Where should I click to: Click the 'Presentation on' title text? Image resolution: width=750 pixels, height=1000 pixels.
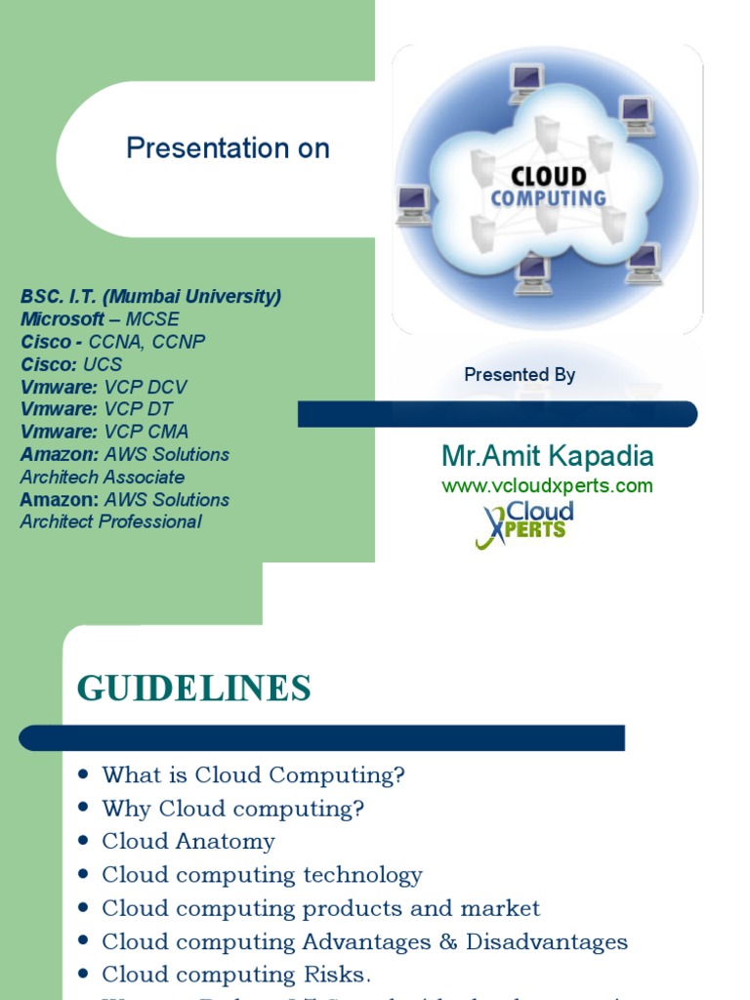click(x=228, y=148)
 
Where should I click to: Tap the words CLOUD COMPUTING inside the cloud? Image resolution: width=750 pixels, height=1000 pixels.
click(x=548, y=187)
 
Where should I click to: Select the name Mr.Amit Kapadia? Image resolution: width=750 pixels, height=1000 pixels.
click(x=547, y=456)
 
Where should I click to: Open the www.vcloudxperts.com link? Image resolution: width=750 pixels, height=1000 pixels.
click(x=547, y=485)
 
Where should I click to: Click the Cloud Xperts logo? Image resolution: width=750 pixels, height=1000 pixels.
click(x=524, y=524)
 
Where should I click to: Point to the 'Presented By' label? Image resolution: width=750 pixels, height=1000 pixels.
click(x=520, y=375)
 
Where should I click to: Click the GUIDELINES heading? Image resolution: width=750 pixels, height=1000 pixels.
click(x=194, y=688)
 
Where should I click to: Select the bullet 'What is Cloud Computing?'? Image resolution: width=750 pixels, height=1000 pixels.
click(x=253, y=775)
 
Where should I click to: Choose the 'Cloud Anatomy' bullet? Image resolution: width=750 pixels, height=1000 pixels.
click(x=188, y=842)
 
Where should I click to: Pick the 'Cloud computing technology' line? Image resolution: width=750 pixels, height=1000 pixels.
click(x=262, y=875)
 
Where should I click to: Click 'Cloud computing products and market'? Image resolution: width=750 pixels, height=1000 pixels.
click(x=320, y=908)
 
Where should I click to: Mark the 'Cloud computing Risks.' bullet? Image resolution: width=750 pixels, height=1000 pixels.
click(x=236, y=975)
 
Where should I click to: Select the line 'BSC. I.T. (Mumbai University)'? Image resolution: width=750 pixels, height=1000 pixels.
click(x=150, y=297)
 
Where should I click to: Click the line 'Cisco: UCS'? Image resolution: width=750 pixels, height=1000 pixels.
click(x=71, y=364)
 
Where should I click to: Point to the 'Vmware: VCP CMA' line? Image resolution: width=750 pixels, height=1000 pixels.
click(x=104, y=432)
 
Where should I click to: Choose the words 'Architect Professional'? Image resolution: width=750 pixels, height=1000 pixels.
click(x=110, y=521)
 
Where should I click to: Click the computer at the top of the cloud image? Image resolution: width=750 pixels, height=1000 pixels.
click(x=526, y=83)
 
